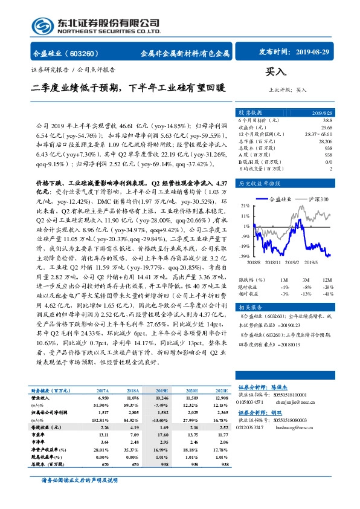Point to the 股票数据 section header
[250, 112]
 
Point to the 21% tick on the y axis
[246, 205]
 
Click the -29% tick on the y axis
[245, 257]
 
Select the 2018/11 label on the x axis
[271, 263]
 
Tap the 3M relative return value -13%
[307, 293]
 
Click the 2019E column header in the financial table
[164, 391]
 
